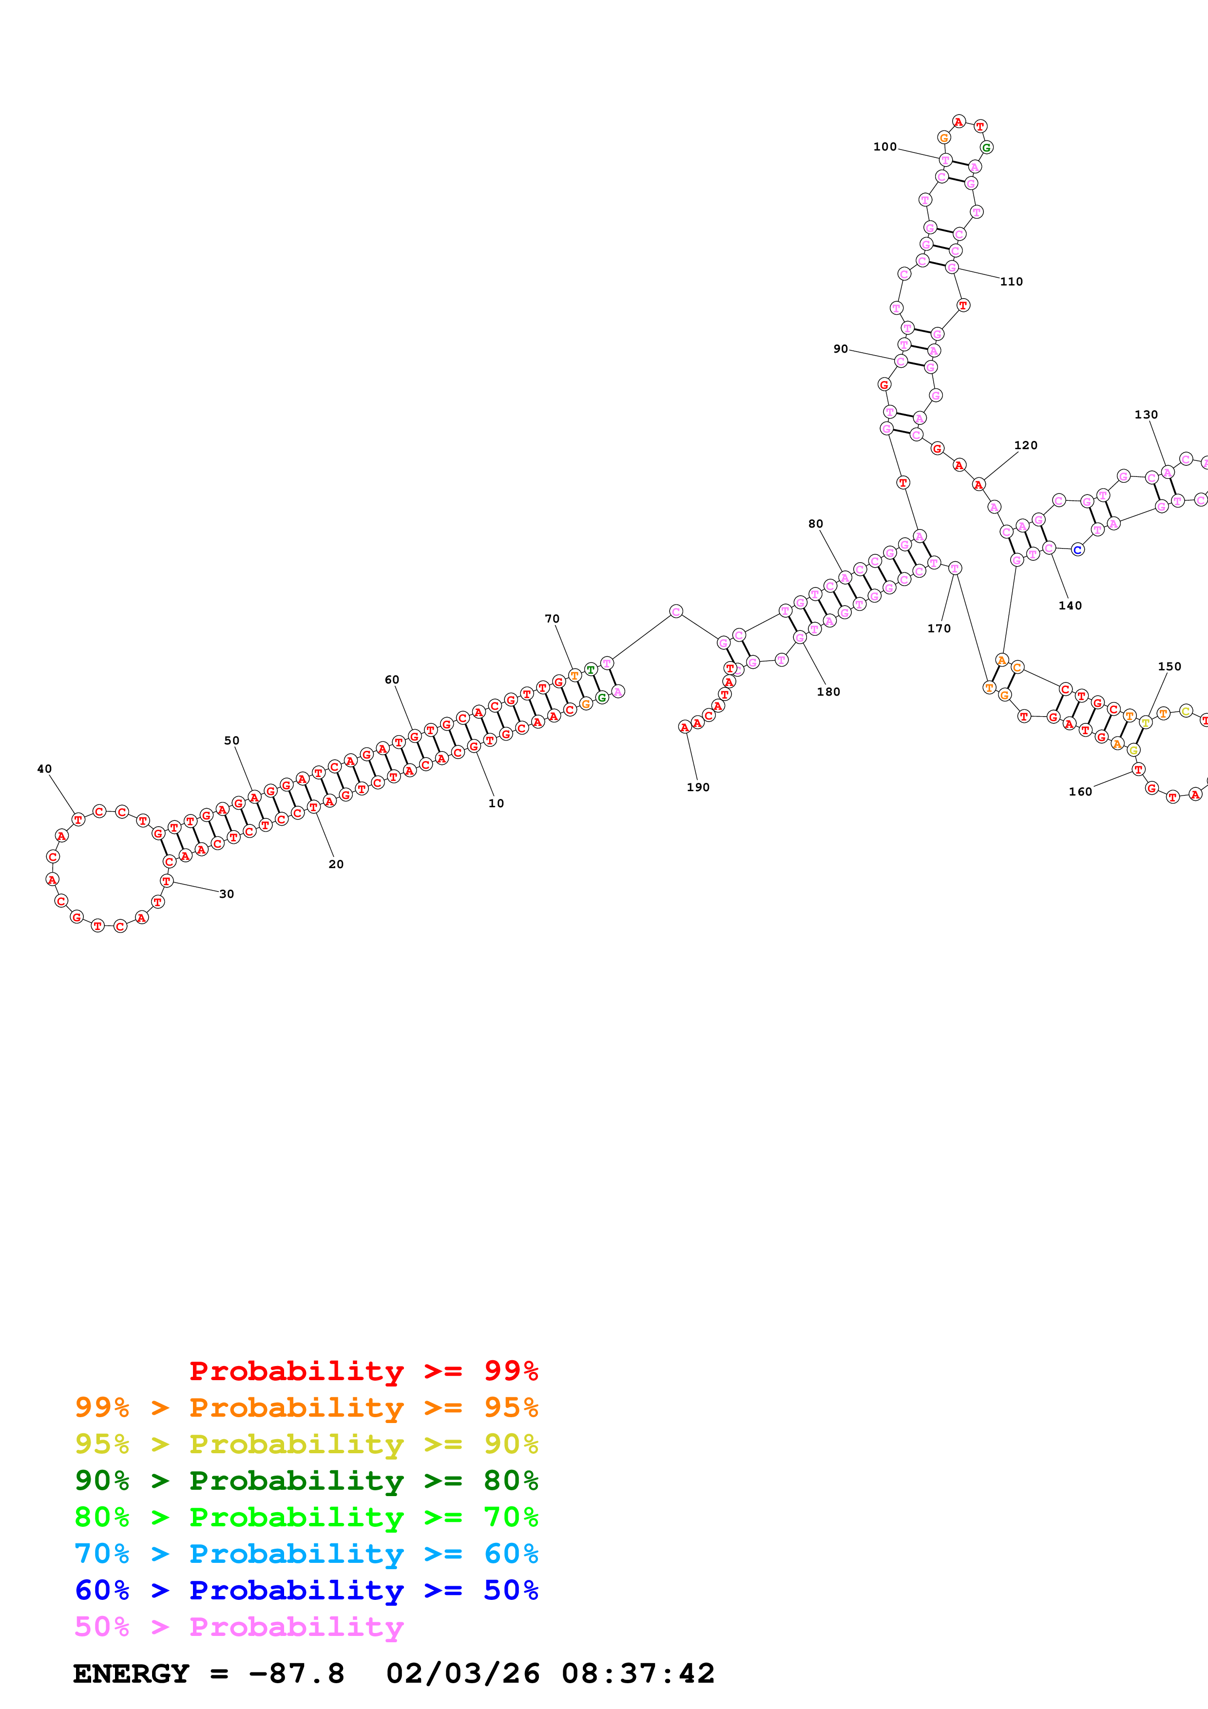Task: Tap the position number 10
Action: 496,803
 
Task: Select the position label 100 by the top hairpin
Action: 885,147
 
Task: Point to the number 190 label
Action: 697,787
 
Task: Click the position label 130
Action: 1146,415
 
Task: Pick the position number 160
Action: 1080,791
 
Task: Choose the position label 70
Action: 552,619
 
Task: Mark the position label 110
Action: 1011,282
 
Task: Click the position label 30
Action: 226,894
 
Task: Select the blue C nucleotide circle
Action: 1077,550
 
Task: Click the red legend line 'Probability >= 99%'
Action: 363,1371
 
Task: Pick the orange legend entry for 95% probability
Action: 306,1407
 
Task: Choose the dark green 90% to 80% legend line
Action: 306,1481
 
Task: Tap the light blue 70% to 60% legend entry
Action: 306,1554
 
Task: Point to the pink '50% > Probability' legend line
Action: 238,1626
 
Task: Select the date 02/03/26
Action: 462,1673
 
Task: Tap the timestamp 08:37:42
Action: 638,1673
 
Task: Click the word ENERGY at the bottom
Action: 131,1673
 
